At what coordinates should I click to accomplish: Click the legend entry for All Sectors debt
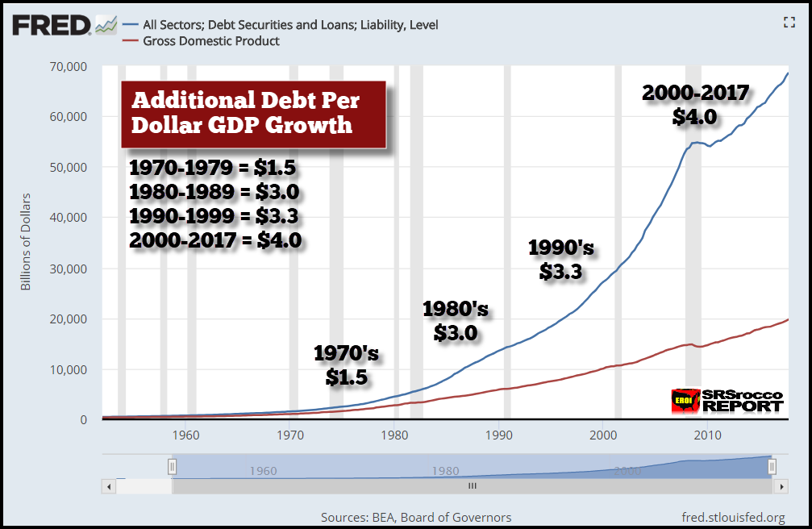tap(289, 25)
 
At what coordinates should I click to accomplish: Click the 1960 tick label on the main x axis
tap(185, 435)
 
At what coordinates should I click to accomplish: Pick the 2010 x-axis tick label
tap(709, 435)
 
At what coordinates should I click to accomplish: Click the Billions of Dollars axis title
tap(25, 242)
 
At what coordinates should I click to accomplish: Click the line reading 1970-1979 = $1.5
tap(214, 169)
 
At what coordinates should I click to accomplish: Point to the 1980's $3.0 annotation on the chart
tap(456, 321)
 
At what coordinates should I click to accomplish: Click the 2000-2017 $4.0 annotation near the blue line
tap(695, 106)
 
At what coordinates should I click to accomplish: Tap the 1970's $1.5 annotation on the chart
tap(346, 364)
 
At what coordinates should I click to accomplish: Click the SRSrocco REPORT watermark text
tap(742, 401)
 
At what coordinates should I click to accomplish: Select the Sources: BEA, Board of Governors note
tap(416, 517)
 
